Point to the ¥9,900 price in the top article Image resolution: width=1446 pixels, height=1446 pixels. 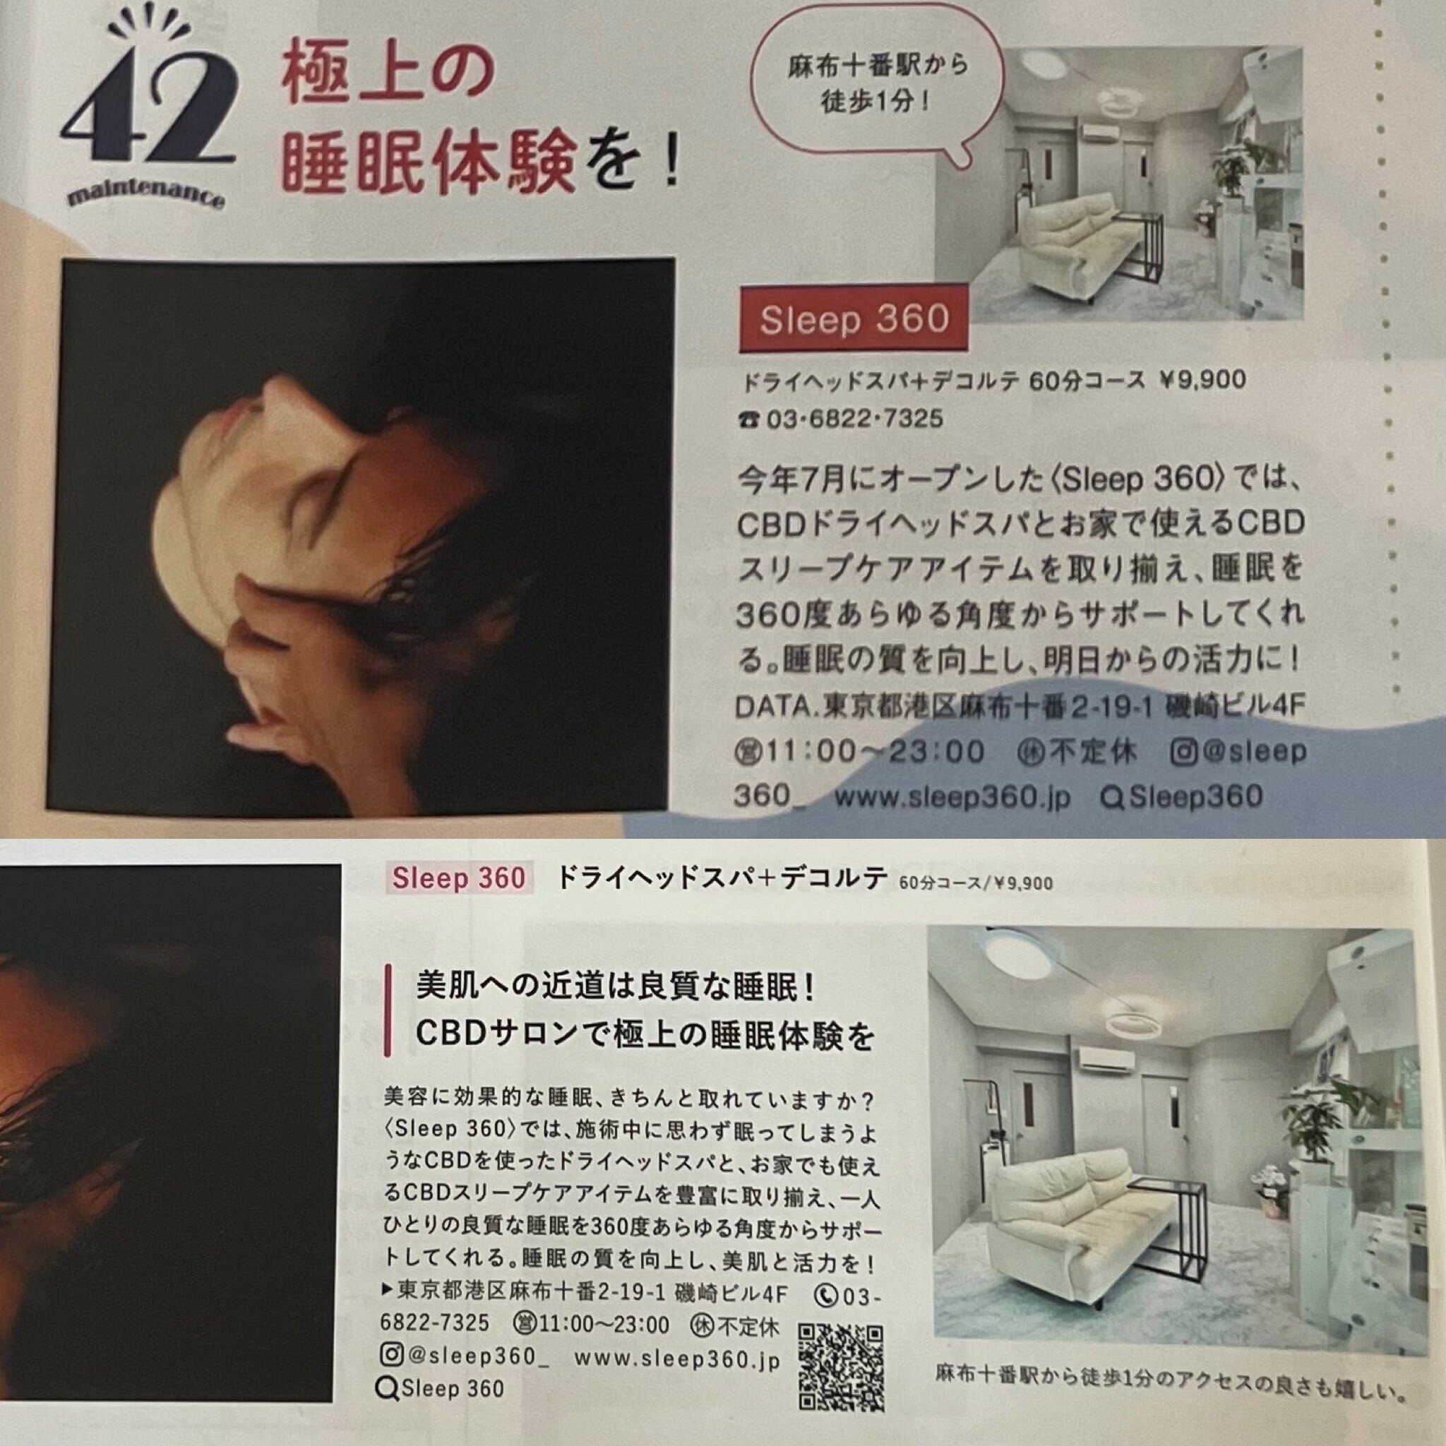tap(1201, 381)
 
